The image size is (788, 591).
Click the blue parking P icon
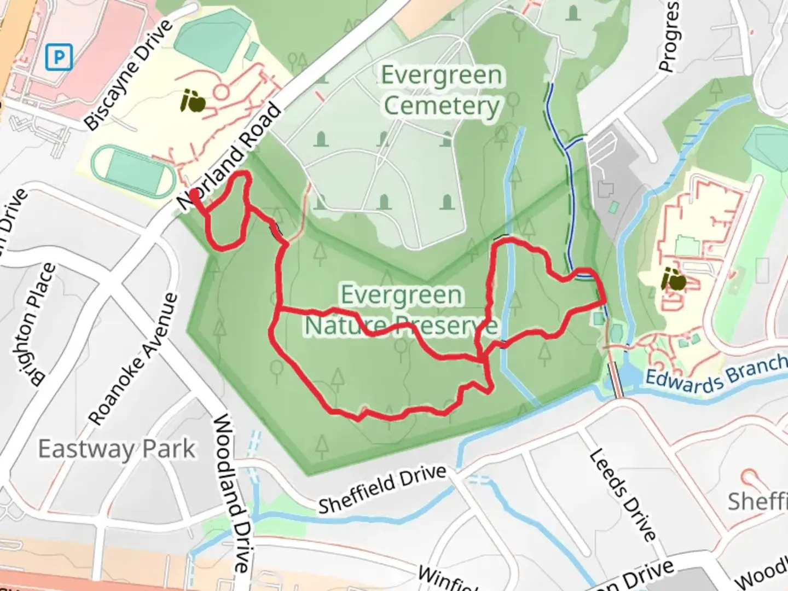point(59,56)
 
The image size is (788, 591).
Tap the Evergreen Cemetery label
point(441,91)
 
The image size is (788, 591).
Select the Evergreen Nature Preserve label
point(401,310)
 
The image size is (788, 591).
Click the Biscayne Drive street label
point(129,76)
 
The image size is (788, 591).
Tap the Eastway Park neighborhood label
point(117,449)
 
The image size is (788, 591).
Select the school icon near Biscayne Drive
point(193,101)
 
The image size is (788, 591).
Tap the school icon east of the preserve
point(673,280)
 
